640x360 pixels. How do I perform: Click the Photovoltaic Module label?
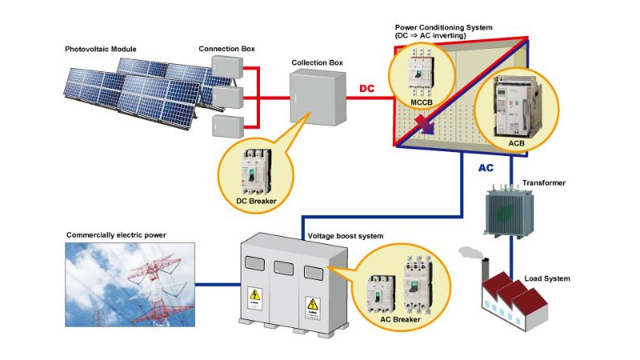click(101, 50)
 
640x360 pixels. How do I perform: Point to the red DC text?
click(366, 89)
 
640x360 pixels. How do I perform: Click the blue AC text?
click(486, 169)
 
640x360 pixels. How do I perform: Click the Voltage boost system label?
click(346, 237)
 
